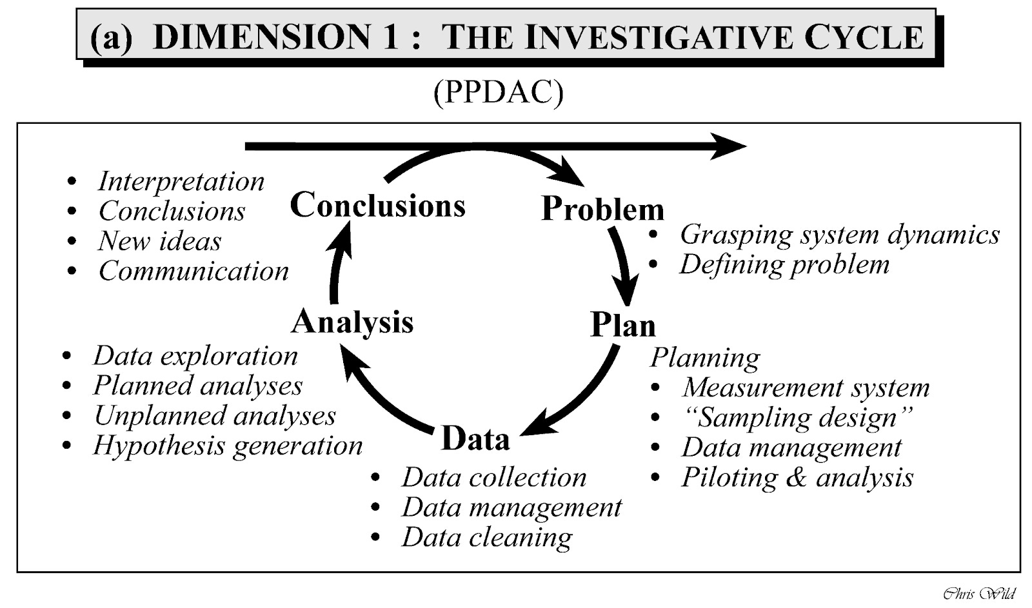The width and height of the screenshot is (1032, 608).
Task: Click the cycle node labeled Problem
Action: point(602,208)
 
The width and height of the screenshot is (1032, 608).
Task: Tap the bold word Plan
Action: point(622,324)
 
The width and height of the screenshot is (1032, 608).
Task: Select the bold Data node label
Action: point(475,438)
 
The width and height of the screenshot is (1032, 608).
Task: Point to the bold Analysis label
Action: point(352,321)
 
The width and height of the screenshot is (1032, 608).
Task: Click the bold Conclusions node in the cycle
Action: point(377,205)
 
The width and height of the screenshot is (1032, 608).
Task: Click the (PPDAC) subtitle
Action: point(498,92)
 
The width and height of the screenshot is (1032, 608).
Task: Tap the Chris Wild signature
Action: point(978,593)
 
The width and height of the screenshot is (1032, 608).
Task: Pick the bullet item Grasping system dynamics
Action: point(839,235)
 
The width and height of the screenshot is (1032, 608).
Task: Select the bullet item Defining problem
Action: point(784,264)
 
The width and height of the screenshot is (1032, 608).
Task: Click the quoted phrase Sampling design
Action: point(797,418)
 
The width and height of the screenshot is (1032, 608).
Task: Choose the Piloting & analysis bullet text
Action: point(797,478)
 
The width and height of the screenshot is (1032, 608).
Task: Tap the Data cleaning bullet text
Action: point(487,537)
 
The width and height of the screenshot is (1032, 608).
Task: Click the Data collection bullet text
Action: point(494,478)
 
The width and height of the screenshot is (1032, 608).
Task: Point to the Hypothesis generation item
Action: point(228,446)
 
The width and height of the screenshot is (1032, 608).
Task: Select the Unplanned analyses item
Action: point(215,416)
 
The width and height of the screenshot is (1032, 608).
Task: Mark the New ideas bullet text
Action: point(159,241)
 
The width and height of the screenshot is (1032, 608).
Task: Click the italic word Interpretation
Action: point(181,181)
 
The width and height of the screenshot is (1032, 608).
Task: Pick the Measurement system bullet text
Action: point(806,387)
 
